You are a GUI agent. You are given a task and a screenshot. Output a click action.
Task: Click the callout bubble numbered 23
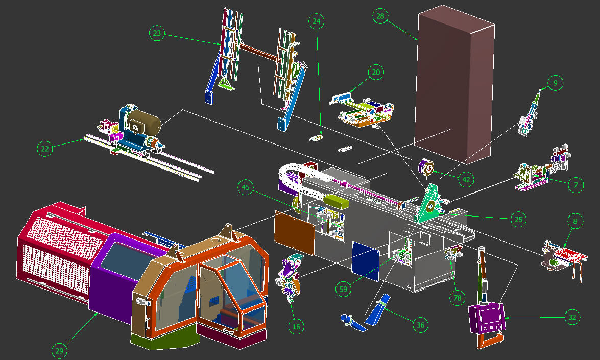(x=157, y=33)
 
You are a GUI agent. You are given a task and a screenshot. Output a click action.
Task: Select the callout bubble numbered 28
(x=380, y=16)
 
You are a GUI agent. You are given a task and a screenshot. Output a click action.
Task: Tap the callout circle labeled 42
(x=466, y=179)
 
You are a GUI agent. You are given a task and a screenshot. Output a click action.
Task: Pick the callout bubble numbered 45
(x=245, y=187)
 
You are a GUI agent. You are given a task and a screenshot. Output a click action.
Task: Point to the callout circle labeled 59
(x=343, y=289)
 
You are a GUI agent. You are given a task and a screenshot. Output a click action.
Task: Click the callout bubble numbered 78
(x=457, y=298)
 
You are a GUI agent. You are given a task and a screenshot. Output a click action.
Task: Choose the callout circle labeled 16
(x=296, y=326)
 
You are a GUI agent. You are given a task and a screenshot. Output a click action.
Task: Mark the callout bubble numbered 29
(x=59, y=351)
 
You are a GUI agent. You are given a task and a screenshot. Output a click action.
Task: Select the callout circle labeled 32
(x=572, y=317)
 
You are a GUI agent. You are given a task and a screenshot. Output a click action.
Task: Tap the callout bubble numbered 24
(x=317, y=21)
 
